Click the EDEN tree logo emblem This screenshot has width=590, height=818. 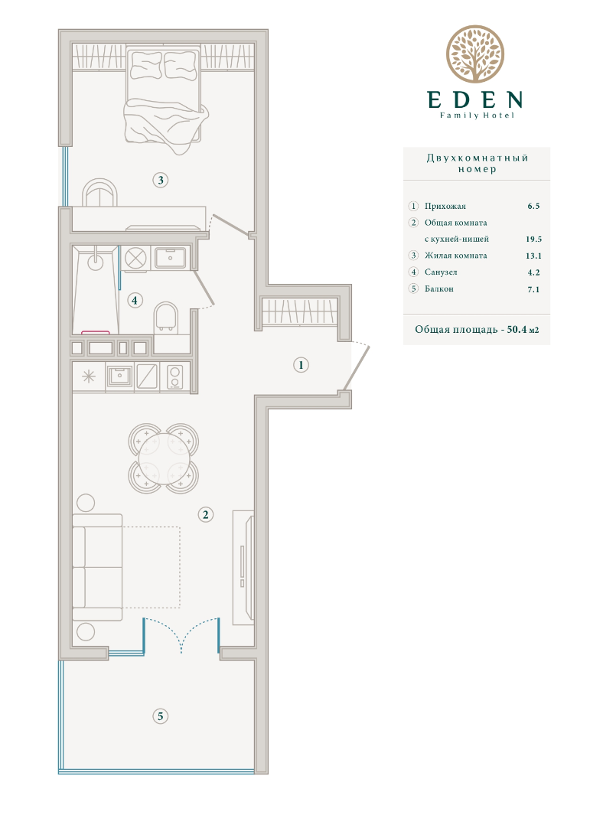click(474, 54)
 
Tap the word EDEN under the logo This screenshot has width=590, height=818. click(474, 99)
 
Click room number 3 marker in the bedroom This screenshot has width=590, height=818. click(160, 181)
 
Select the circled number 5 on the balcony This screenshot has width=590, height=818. click(160, 716)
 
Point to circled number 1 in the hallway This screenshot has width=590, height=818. click(301, 365)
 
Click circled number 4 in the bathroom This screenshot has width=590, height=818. click(135, 301)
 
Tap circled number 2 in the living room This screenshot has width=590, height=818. click(206, 515)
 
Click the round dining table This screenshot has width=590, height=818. click(163, 458)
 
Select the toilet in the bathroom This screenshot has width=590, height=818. click(166, 316)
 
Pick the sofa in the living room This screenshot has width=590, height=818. click(97, 567)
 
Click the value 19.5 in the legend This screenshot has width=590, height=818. click(533, 240)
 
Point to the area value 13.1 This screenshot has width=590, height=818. click(533, 256)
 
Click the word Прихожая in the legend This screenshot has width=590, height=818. click(445, 206)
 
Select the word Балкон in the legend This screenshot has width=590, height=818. click(438, 288)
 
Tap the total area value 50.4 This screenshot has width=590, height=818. click(517, 330)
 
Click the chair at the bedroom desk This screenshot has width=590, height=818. click(100, 193)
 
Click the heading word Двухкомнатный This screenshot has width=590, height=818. click(478, 158)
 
